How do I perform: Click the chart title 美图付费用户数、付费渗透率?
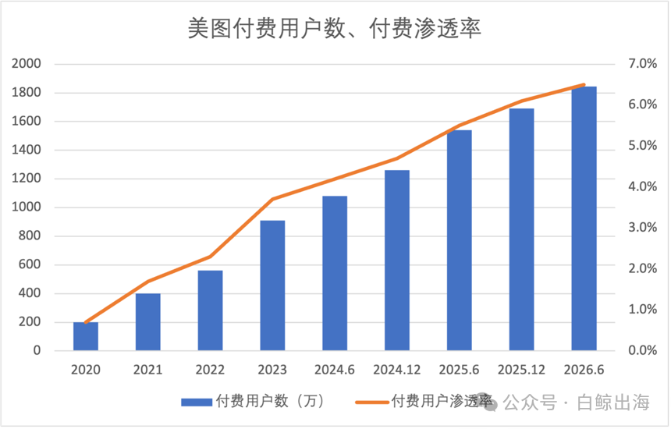(335, 29)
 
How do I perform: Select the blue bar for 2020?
(86, 336)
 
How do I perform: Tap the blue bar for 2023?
(272, 285)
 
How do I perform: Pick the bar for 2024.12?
(397, 261)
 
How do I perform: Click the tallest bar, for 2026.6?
(584, 218)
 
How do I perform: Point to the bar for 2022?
(210, 310)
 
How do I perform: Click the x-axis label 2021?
(147, 370)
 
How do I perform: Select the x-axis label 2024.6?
(335, 370)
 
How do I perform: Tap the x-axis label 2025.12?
(522, 370)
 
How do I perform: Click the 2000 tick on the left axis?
(26, 64)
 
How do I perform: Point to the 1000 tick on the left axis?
(26, 207)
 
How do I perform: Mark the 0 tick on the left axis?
(37, 350)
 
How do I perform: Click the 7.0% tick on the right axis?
(642, 64)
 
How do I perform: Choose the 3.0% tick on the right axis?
(642, 228)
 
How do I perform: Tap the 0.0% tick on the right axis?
(642, 350)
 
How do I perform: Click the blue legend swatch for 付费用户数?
(197, 402)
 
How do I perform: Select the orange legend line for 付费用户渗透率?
(372, 402)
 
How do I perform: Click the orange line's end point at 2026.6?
(584, 85)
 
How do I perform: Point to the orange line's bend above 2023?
(272, 199)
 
